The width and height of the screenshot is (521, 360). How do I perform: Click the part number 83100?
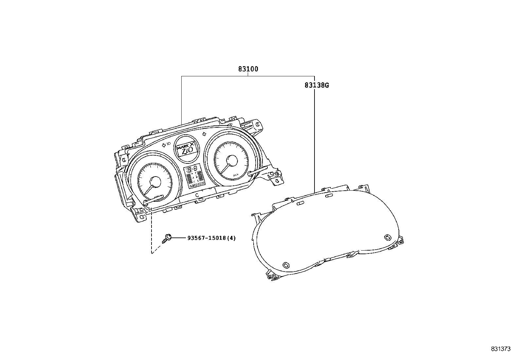[248, 69]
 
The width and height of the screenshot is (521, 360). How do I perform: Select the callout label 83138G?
[316, 85]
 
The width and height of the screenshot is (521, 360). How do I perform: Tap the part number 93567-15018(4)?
[211, 238]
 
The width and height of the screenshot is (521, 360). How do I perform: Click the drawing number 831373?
[500, 349]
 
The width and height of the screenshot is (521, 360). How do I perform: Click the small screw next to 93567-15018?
[167, 238]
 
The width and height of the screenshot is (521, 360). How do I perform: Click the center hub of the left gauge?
[154, 182]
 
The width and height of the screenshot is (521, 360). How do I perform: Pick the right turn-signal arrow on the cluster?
[205, 134]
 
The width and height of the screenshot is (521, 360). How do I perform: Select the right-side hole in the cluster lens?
[387, 237]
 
